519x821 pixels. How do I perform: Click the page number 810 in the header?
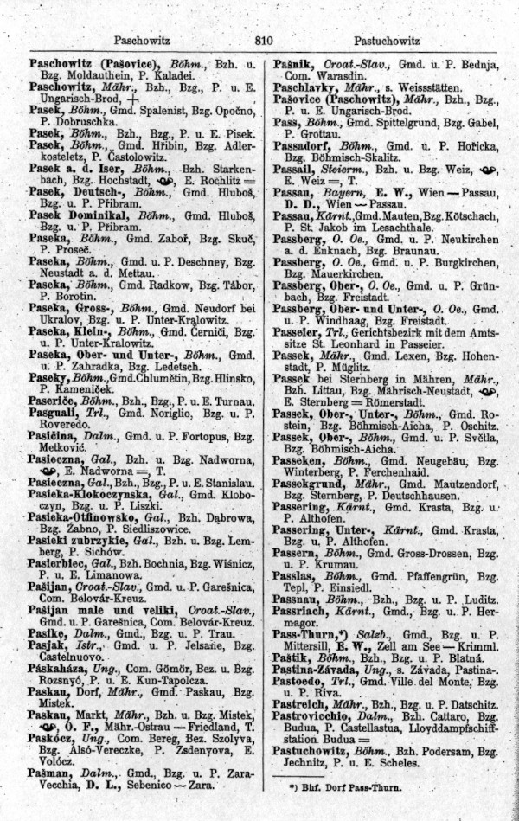(264, 40)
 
